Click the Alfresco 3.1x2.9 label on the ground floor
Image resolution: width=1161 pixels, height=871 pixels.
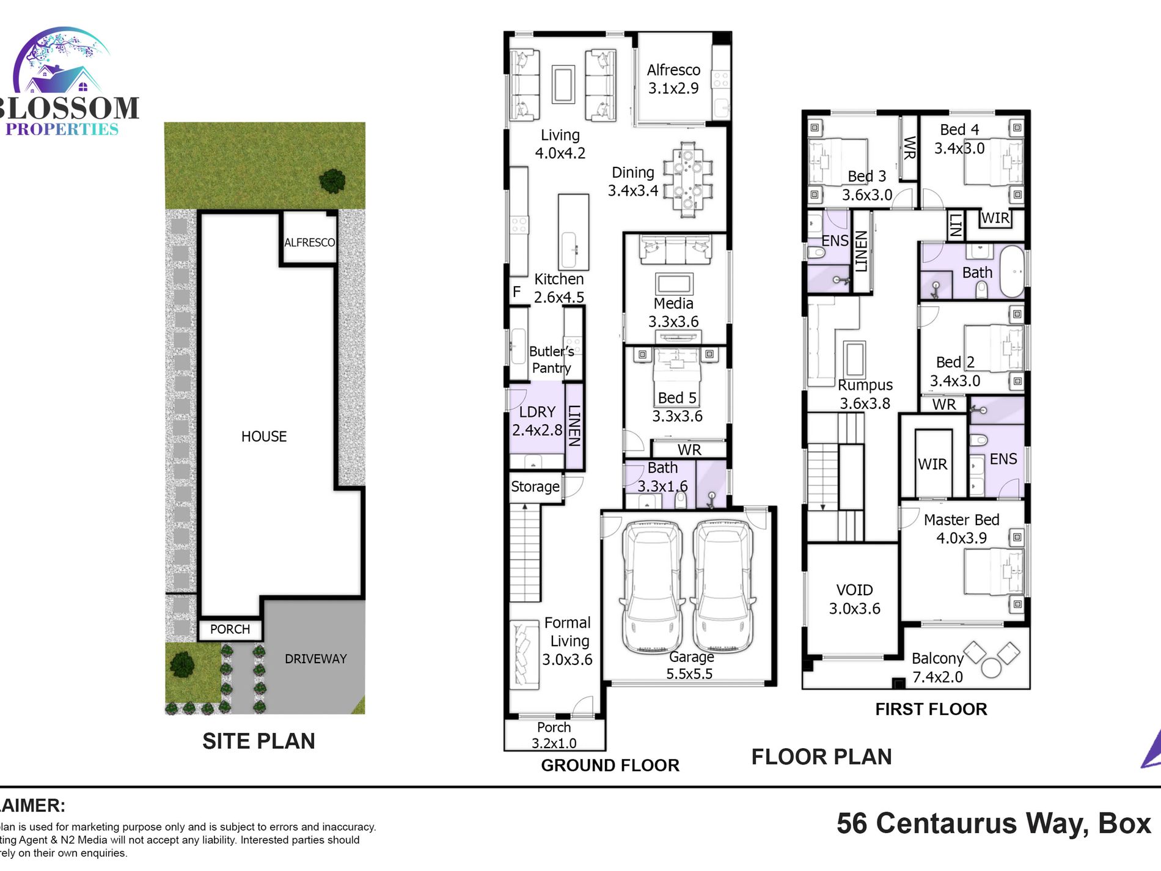tap(673, 79)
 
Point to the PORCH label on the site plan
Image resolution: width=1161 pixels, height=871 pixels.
tap(230, 629)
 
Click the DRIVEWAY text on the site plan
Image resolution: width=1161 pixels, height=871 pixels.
tap(315, 659)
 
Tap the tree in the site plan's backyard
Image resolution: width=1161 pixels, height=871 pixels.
tap(332, 180)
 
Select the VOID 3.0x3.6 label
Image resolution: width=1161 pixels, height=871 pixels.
tap(854, 599)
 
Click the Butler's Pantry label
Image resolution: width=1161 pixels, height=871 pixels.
tap(551, 359)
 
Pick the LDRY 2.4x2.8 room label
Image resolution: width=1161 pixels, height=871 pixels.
tap(537, 421)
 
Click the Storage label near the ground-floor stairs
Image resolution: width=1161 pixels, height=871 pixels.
tap(535, 487)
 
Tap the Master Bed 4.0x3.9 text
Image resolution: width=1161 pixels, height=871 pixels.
tap(961, 529)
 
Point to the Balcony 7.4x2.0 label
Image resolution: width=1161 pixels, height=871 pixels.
tap(937, 667)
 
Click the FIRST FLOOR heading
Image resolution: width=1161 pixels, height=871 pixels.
tap(931, 709)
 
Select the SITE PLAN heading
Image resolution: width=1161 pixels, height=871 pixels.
tap(258, 741)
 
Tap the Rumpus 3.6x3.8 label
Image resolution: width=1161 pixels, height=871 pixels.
tap(865, 394)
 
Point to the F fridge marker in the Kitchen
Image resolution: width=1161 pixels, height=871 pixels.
tap(517, 292)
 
